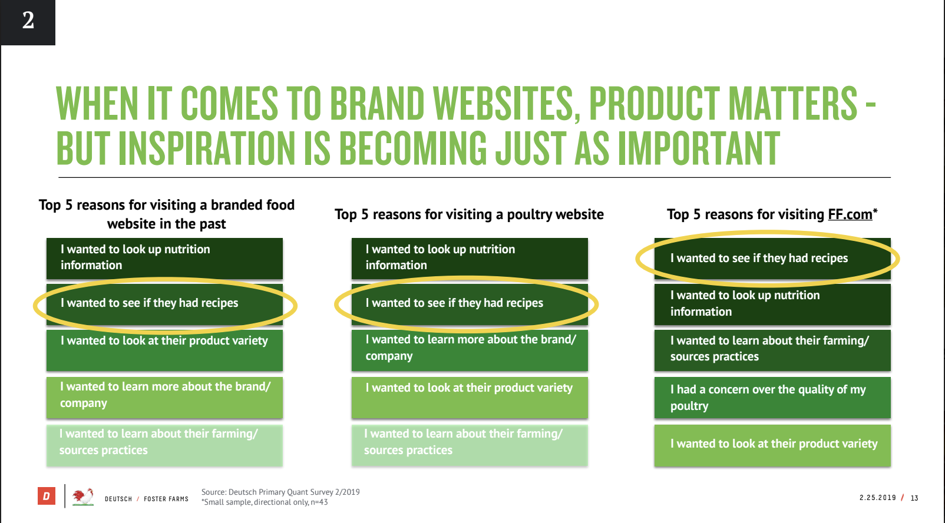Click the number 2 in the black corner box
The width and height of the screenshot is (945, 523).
(28, 20)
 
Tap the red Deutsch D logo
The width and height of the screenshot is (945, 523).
(47, 495)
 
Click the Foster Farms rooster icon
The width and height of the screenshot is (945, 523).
(82, 497)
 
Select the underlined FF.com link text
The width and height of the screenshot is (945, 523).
(850, 214)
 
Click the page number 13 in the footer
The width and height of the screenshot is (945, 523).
(914, 498)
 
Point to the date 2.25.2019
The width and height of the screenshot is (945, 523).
(877, 498)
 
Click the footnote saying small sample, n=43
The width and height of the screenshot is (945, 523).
(265, 502)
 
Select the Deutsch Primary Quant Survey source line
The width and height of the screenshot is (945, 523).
(280, 492)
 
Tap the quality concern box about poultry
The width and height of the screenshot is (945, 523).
(772, 398)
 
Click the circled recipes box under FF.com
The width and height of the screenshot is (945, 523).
(772, 258)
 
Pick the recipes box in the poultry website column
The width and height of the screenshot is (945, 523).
(470, 304)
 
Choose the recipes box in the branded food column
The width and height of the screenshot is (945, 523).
(164, 304)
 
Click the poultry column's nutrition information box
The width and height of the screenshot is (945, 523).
(470, 258)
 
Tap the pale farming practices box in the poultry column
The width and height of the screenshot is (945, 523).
(470, 445)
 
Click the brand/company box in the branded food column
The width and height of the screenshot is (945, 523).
(164, 398)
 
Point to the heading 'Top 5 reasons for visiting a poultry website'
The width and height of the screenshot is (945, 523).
(469, 215)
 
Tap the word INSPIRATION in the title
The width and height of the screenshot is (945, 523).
(207, 148)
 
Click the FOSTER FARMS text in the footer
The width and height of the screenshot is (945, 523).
(166, 499)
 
